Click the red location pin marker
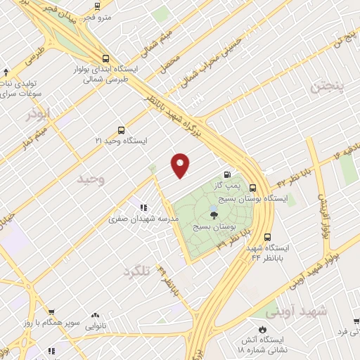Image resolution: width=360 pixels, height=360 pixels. pos(181,165)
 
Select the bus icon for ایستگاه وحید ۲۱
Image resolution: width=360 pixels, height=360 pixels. pos(121,130)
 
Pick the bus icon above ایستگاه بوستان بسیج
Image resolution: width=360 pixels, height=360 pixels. pos(252,188)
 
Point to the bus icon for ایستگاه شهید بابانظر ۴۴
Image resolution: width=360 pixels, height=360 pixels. pos(267,237)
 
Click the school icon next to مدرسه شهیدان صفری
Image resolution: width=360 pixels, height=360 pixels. pos(143,207)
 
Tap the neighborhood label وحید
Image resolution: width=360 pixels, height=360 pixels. pos(91,179)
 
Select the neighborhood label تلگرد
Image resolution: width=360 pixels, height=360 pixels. pos(138,271)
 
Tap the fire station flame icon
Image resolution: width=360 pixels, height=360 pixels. pos(263,328)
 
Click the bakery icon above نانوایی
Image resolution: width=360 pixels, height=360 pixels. pos(95,316)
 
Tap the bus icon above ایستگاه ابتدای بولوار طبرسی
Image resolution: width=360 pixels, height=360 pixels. pos(105,59)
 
